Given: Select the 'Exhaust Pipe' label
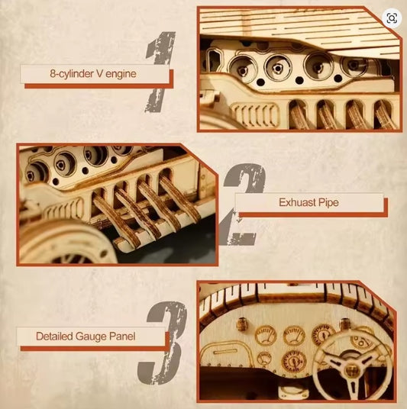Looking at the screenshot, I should point(308,203).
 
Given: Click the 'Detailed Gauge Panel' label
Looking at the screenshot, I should point(92,336).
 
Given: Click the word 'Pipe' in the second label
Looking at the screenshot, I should point(326,203).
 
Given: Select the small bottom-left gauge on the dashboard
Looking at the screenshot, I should point(264,357).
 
